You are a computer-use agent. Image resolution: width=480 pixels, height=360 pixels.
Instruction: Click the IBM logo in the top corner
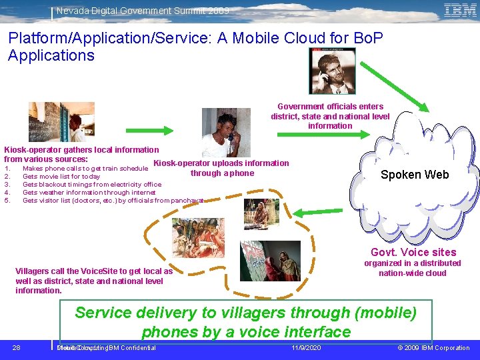coord(459,10)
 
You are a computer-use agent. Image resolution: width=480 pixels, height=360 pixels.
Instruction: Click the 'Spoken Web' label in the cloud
coord(415,175)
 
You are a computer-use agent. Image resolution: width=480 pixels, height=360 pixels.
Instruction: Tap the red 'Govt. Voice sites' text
coord(413,252)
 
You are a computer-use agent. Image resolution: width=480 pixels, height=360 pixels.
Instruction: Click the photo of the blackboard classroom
coord(52,122)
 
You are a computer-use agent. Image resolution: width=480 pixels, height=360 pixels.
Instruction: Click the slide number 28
coord(17,348)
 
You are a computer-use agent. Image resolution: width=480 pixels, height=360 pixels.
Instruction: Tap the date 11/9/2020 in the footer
coord(307,348)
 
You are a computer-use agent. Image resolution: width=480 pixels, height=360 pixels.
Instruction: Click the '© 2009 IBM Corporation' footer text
coord(433,348)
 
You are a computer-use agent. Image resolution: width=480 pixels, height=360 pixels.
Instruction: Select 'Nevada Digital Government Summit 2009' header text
coord(142,11)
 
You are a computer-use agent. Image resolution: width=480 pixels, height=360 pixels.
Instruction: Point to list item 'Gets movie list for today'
coord(61,177)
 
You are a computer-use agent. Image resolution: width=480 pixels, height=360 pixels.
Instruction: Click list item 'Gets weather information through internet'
coord(89,192)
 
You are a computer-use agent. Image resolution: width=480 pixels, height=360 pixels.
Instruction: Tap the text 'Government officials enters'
coord(330,107)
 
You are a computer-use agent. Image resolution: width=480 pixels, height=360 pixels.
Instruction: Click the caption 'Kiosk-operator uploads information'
coord(221,163)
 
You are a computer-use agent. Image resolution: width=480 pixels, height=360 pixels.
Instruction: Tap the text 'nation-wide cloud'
coord(412,273)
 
